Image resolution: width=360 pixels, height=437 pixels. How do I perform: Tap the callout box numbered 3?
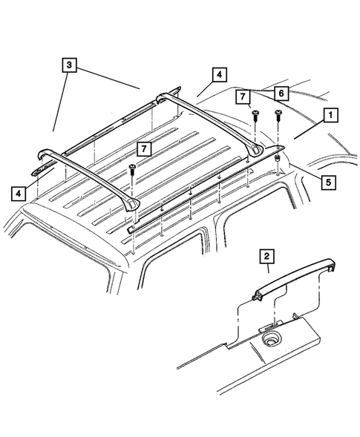click(x=68, y=65)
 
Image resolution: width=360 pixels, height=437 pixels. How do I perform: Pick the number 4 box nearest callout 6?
click(x=219, y=74)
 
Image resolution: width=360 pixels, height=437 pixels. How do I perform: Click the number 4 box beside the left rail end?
click(x=16, y=194)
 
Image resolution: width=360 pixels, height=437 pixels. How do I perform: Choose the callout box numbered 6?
click(x=280, y=92)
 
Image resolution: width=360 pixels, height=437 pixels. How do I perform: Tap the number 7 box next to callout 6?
click(x=242, y=97)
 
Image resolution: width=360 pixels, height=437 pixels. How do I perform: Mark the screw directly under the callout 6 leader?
click(x=278, y=115)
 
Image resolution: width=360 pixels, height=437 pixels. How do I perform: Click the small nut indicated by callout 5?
click(x=276, y=158)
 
